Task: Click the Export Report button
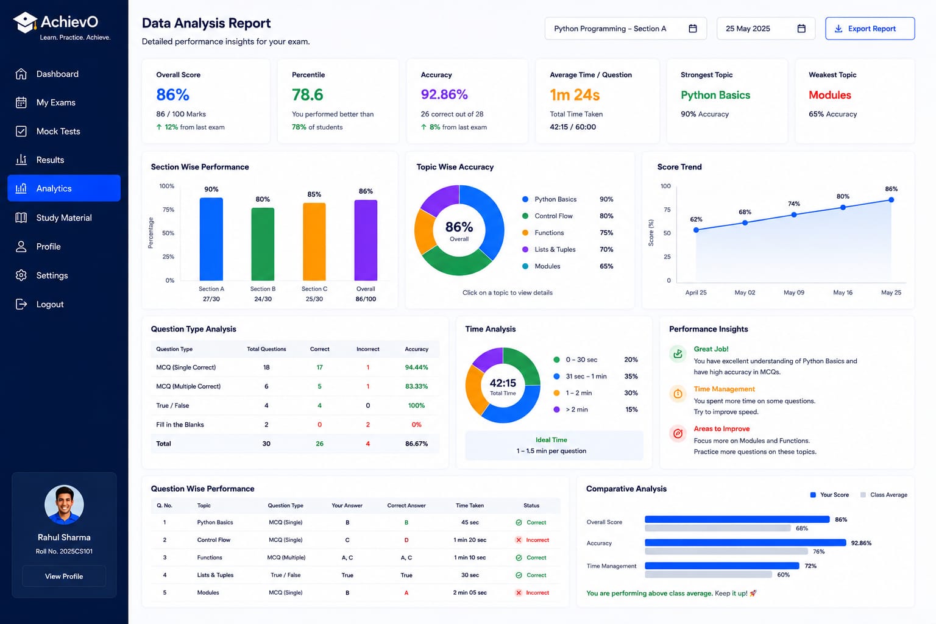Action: click(x=870, y=29)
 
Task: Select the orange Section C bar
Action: click(x=314, y=241)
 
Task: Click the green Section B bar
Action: click(x=263, y=244)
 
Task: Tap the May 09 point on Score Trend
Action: click(x=794, y=215)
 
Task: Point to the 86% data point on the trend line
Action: click(x=892, y=200)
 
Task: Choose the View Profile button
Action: click(x=64, y=576)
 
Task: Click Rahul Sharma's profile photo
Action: click(x=64, y=505)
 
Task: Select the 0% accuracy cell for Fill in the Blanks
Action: click(x=416, y=425)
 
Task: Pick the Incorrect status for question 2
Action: click(x=532, y=540)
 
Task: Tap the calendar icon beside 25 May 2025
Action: click(x=801, y=29)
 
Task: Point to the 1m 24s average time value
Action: click(x=575, y=95)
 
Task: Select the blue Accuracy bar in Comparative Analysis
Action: click(x=745, y=542)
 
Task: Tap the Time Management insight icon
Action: click(x=678, y=393)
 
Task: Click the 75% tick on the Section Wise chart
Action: click(x=168, y=210)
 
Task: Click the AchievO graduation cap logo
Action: click(x=24, y=22)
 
